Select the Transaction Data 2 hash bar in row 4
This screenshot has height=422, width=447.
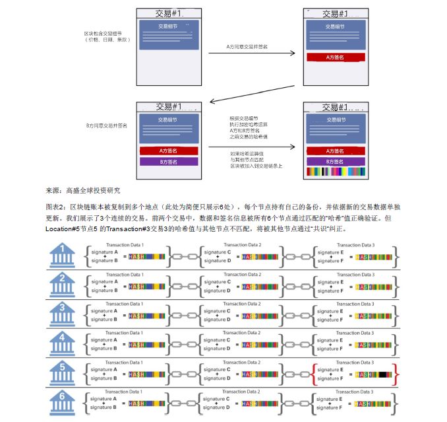point(260,344)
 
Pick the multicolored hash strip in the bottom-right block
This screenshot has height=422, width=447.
point(336,172)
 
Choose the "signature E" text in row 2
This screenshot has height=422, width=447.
point(330,281)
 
